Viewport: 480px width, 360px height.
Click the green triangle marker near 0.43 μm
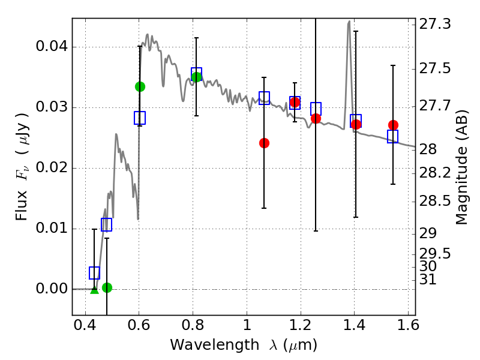[94, 290]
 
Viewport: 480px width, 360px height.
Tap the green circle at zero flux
[107, 287]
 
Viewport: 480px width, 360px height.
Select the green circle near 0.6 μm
[140, 86]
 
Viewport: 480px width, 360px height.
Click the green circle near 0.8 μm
[196, 77]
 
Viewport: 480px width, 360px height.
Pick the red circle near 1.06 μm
[264, 143]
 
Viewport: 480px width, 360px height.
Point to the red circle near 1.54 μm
[393, 125]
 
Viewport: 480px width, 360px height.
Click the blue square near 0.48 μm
[107, 225]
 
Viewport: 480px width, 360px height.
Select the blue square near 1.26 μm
[316, 109]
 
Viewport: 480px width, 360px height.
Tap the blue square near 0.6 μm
[140, 118]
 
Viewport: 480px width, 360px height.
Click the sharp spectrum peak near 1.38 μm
[349, 22]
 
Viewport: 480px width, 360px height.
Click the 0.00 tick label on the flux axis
[53, 289]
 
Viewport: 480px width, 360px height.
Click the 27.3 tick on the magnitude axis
[415, 25]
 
